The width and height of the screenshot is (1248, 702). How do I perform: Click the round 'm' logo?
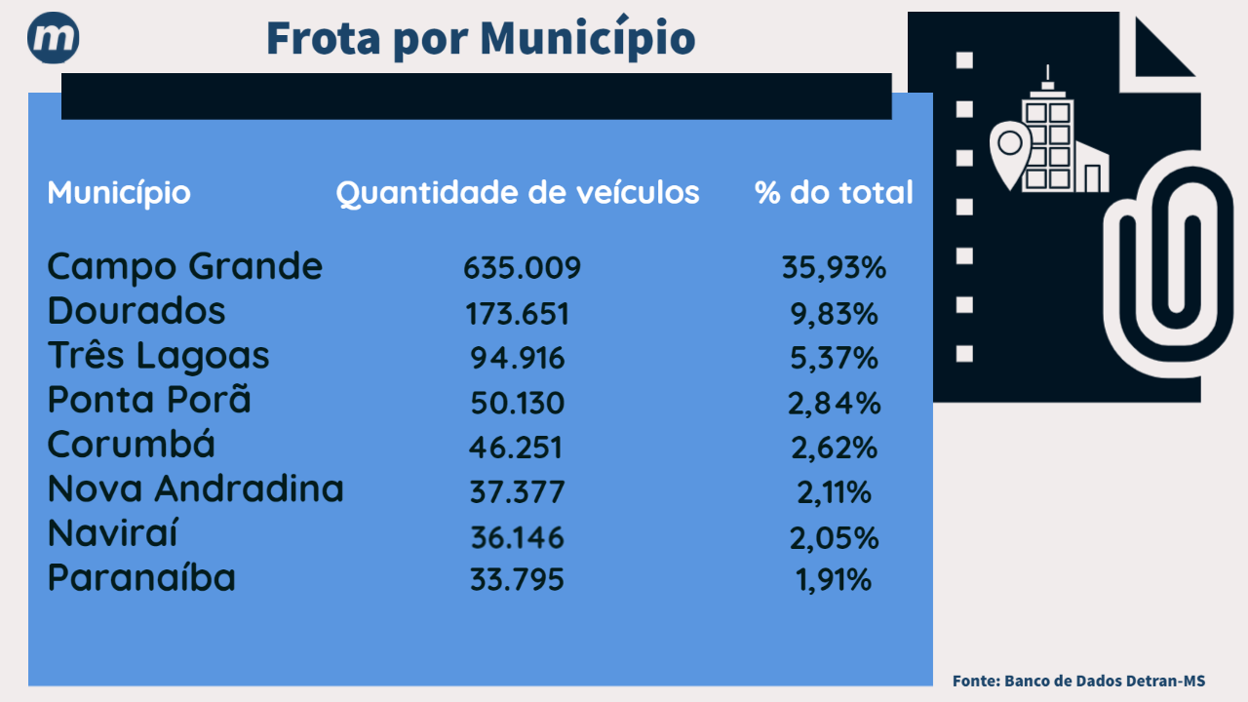54,39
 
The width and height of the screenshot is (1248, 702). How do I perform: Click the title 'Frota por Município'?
480,39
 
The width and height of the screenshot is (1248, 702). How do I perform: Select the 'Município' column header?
119,193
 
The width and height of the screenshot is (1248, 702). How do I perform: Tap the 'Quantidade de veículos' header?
518,193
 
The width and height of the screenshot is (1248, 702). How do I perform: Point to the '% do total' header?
834,193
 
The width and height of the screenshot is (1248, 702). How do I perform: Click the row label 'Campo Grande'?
184,266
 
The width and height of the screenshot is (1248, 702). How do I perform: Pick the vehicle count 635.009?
522,268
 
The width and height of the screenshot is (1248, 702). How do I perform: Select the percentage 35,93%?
834,268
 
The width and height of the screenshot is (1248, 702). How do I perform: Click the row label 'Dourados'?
136,311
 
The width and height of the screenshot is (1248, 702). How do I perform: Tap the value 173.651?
517,314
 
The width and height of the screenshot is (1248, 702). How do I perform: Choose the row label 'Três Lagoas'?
158,356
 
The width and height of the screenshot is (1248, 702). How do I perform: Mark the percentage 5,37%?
834,359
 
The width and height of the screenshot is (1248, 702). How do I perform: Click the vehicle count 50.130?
517,404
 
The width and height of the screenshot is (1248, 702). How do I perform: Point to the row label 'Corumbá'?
132,446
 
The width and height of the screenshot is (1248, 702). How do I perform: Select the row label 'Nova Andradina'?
195,489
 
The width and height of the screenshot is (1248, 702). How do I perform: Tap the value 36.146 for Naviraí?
517,538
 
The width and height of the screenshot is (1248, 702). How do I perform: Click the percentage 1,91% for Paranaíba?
834,581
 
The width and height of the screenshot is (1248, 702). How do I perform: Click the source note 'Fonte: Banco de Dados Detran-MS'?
1078,681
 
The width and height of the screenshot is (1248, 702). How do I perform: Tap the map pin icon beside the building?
1010,154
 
